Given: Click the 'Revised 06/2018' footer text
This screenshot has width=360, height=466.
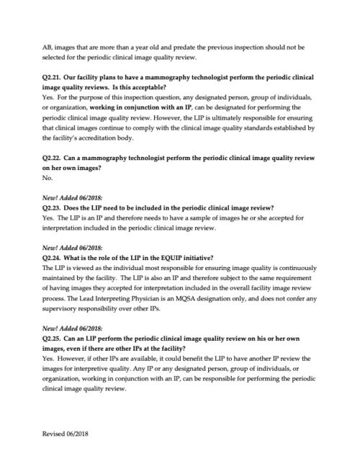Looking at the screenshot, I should pyautogui.click(x=66, y=435).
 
